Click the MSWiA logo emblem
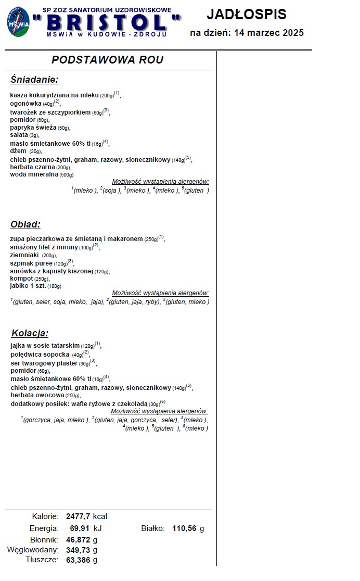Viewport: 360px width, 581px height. [x=18, y=22]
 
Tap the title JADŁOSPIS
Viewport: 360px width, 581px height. [x=247, y=15]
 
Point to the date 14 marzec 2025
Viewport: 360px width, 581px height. [x=269, y=33]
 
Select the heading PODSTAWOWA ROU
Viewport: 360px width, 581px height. [x=108, y=60]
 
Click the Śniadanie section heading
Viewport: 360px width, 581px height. [x=34, y=80]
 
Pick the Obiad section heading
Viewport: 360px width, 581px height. [x=25, y=224]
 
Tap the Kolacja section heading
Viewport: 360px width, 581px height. [x=30, y=333]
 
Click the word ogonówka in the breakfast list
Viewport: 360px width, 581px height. [x=26, y=104]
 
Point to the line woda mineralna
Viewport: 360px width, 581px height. [x=34, y=174]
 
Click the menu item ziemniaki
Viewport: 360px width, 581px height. [x=25, y=255]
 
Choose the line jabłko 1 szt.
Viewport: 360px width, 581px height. [x=28, y=286]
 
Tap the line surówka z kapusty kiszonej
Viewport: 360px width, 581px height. [x=52, y=271]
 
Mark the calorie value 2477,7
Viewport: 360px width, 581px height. [x=78, y=516]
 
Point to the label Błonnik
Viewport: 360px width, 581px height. [x=44, y=539]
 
